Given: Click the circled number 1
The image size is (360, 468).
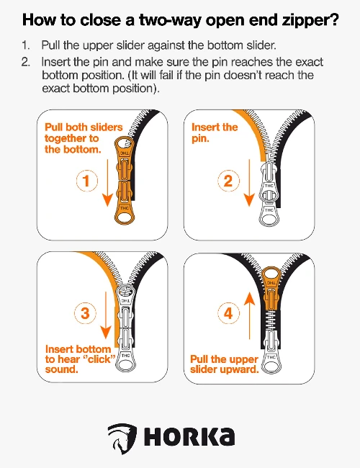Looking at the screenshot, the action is coord(87,181).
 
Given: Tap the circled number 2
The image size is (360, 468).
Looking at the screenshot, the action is coord(228,181).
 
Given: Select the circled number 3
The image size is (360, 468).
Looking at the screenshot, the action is coord(86,313).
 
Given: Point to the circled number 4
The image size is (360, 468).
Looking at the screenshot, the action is coord(228,313).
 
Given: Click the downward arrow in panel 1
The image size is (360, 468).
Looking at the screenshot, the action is coord(107,183).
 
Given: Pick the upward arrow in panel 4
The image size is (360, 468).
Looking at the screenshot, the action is coord(250,316).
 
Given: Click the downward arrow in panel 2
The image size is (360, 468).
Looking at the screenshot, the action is coord(249,183).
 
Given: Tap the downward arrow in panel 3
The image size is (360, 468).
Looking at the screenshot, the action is coord(106,315).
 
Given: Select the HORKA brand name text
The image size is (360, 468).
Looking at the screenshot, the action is coord(189,437).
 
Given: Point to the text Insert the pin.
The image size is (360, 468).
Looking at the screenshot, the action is coord(215,132).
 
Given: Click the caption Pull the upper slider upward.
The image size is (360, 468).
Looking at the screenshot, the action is coord(224,364).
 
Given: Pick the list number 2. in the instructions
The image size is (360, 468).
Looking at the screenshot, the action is coord(26,62).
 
